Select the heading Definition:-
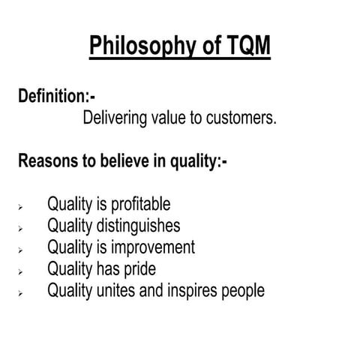(x=57, y=97)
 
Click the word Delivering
(x=116, y=118)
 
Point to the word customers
(x=240, y=118)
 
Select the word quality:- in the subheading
(x=197, y=161)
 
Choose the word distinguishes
(x=137, y=226)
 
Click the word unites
(x=111, y=289)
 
